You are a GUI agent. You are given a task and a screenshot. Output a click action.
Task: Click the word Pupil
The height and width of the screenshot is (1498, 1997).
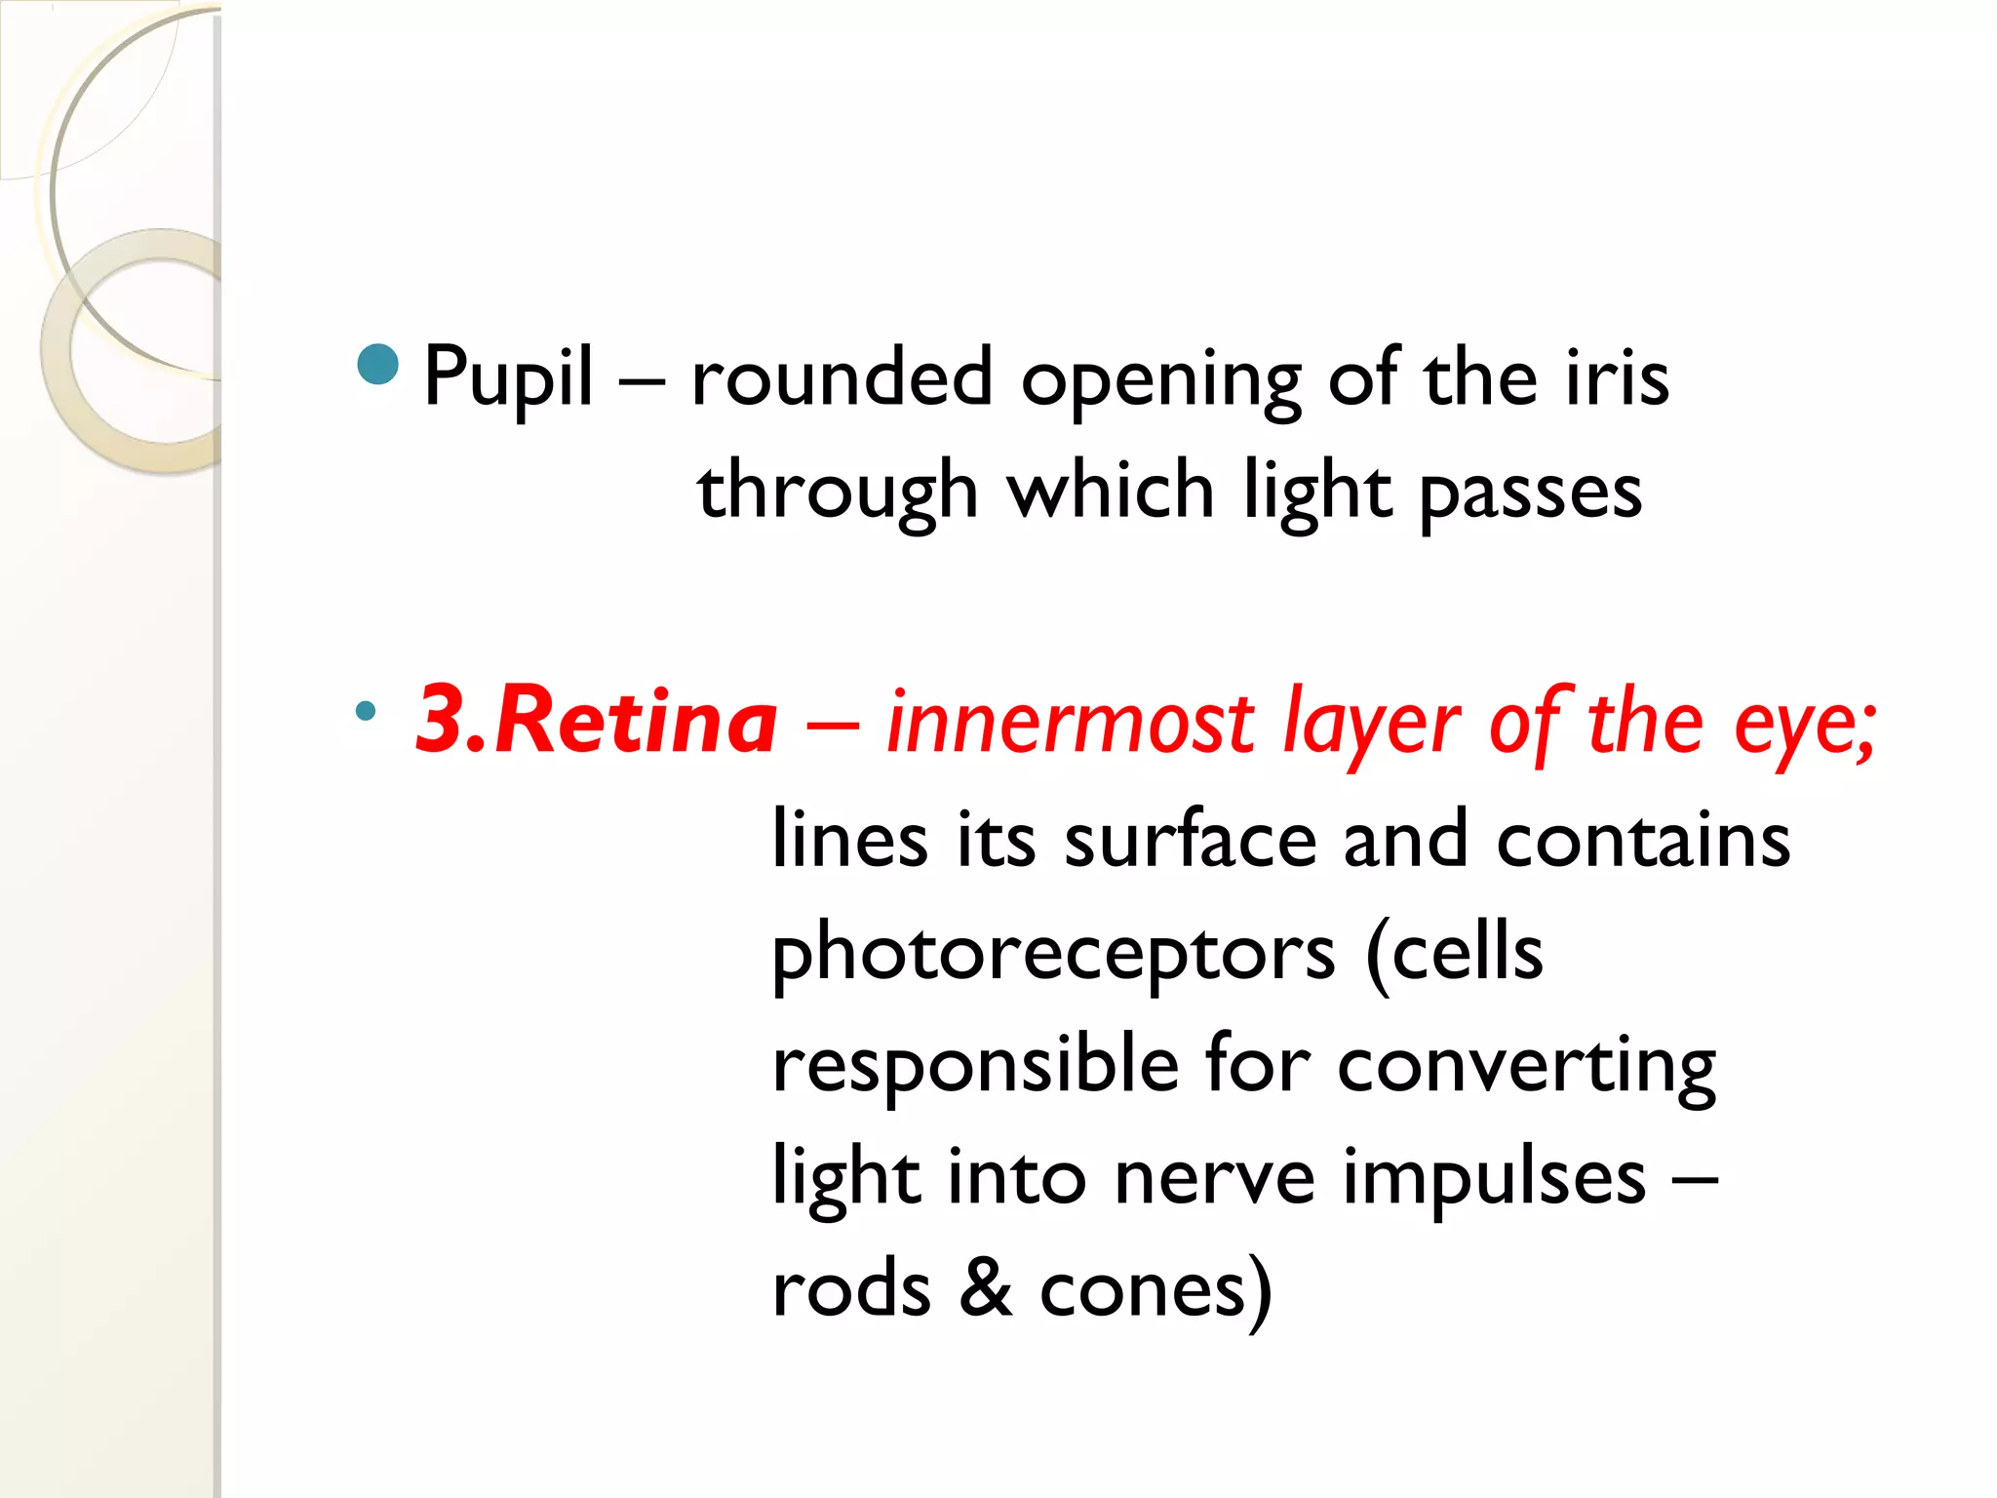[508, 378]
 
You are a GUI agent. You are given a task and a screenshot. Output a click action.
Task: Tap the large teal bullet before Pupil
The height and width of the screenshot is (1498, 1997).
[378, 365]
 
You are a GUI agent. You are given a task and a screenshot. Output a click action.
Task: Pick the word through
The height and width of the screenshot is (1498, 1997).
[838, 493]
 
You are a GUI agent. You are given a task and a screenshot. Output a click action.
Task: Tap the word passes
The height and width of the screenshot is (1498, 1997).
[1530, 493]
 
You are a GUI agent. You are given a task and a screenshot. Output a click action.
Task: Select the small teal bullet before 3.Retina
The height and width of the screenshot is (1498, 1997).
[366, 711]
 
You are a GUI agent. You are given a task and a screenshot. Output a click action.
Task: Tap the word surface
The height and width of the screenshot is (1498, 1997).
[1191, 839]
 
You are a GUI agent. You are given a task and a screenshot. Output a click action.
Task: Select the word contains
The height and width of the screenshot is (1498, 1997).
[1643, 839]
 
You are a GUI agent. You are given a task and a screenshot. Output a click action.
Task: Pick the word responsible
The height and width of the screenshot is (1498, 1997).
[975, 1064]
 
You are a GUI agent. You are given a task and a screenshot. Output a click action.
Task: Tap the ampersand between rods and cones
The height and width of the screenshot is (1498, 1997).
[986, 1288]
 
